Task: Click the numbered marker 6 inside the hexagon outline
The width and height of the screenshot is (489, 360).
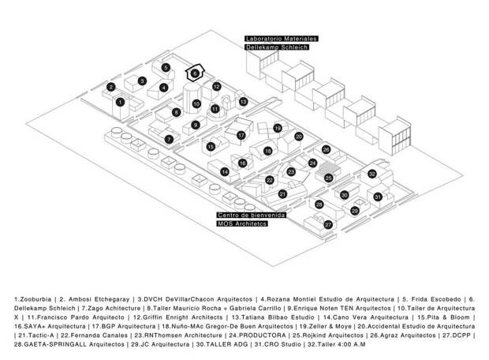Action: pyautogui.click(x=195, y=73)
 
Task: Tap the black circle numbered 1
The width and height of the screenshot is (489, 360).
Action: pyautogui.click(x=120, y=102)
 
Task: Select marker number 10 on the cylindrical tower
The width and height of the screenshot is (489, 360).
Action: pyautogui.click(x=196, y=104)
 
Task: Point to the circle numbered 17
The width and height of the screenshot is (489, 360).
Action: pyautogui.click(x=241, y=136)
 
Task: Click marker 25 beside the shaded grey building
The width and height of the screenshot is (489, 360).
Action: pyautogui.click(x=329, y=178)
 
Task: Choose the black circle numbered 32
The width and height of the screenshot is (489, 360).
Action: pyautogui.click(x=372, y=174)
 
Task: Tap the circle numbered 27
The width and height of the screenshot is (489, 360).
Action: pyautogui.click(x=328, y=224)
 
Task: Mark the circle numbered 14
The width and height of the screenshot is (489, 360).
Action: pyautogui.click(x=225, y=172)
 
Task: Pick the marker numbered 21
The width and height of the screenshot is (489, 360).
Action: pyautogui.click(x=282, y=194)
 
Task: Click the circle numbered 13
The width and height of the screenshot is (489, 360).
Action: pyautogui.click(x=243, y=102)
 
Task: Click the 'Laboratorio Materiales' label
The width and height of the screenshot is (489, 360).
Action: pyautogui.click(x=282, y=39)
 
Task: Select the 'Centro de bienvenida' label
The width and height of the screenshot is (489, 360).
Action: pyautogui.click(x=252, y=215)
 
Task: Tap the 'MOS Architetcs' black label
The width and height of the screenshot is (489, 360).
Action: pyautogui.click(x=242, y=223)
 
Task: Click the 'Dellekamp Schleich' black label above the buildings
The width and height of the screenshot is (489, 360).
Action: pyautogui.click(x=277, y=47)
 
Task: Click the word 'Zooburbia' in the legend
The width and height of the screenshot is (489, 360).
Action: pyautogui.click(x=35, y=299)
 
